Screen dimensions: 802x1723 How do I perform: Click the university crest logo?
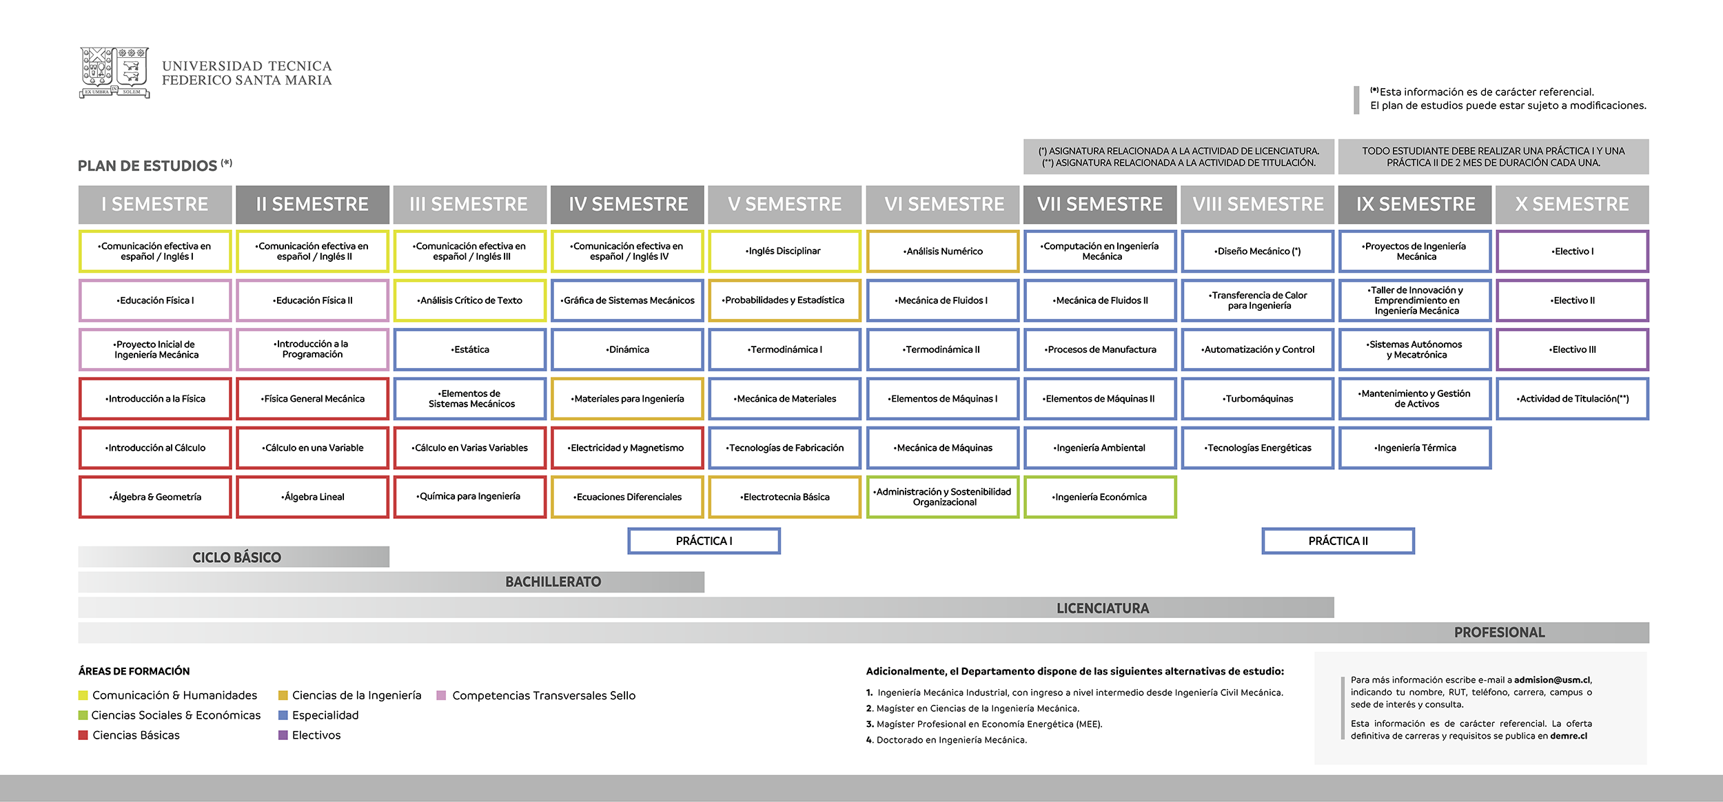(114, 72)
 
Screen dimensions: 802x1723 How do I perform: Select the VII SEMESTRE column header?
(1099, 205)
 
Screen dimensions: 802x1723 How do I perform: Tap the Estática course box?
(470, 349)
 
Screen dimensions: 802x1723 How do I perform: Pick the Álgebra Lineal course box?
(312, 497)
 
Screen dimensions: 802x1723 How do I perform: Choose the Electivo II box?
(1572, 300)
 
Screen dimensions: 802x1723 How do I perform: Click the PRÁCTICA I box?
(704, 541)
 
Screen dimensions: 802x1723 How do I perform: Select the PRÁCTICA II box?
(1338, 541)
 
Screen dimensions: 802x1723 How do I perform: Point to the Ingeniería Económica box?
(1099, 497)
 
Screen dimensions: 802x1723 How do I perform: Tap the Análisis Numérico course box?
(942, 251)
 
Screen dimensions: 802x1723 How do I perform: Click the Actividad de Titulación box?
(1572, 398)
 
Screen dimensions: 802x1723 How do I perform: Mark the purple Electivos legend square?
(283, 735)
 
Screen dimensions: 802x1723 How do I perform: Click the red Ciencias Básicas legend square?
(83, 735)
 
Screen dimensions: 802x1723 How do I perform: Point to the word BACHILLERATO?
(553, 582)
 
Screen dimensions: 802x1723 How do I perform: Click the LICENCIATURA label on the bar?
(1102, 608)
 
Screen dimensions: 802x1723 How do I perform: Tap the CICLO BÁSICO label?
(236, 557)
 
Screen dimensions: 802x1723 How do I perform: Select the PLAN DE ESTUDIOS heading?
(147, 166)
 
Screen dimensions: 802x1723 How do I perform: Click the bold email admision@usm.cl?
(1552, 680)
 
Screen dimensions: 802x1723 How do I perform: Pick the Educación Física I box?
(155, 300)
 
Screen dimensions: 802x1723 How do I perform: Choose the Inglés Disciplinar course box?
(784, 251)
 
